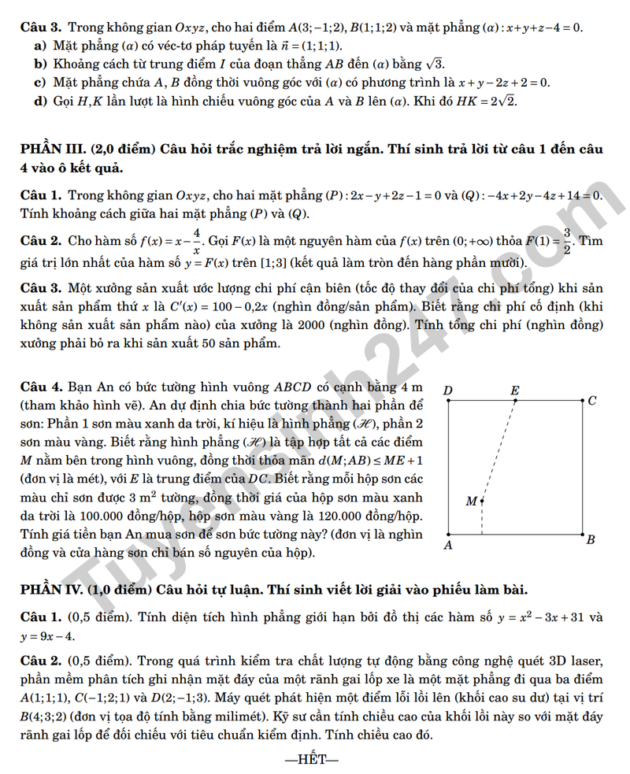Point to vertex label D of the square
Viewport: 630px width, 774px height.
click(x=448, y=391)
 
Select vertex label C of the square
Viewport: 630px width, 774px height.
click(x=592, y=401)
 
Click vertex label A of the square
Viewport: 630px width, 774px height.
click(x=448, y=544)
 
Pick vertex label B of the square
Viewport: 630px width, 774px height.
click(x=591, y=539)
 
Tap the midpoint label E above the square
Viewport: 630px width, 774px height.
click(x=515, y=391)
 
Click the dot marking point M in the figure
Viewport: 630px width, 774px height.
click(x=482, y=500)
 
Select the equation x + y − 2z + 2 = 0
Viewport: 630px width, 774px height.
click(x=503, y=82)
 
